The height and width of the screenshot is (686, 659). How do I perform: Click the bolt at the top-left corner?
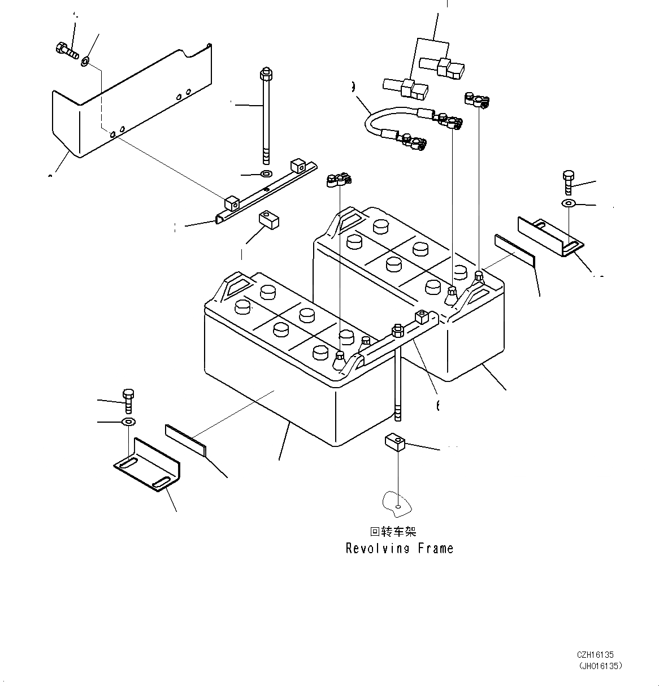coord(66,50)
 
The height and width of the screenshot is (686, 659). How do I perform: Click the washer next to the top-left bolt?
coord(85,60)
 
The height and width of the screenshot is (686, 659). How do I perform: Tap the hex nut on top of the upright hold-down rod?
coord(266,73)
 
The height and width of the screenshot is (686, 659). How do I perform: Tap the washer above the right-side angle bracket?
coord(569,203)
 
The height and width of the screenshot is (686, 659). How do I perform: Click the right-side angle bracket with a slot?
coord(551,237)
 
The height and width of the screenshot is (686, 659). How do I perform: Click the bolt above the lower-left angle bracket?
coord(128,400)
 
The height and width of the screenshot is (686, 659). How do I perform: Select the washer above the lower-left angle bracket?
coord(128,422)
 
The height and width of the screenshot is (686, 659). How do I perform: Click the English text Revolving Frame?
coord(399,548)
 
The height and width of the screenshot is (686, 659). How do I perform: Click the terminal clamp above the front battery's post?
coord(337,181)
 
